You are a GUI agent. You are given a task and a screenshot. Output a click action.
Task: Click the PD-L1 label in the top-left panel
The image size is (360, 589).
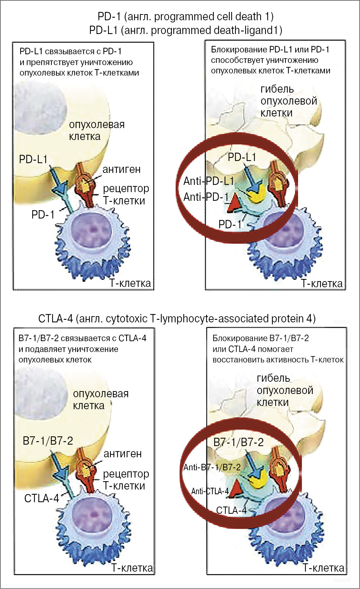tap(33, 159)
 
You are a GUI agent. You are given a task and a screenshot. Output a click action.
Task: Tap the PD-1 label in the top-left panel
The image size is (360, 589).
tap(43, 215)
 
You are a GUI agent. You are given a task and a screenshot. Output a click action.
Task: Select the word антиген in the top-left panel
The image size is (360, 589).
tap(121, 169)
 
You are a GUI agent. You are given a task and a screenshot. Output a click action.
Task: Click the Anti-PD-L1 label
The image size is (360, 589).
tap(209, 181)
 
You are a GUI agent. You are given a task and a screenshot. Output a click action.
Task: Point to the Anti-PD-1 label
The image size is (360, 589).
tap(206, 197)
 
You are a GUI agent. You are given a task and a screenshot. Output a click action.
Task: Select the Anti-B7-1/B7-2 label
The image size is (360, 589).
tap(212, 467)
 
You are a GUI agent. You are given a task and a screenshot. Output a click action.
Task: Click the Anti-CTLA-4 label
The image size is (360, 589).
tap(210, 491)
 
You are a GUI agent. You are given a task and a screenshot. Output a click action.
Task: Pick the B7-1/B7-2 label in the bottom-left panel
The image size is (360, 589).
tap(48, 441)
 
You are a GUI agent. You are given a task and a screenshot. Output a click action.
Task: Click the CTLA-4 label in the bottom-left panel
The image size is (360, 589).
tap(41, 498)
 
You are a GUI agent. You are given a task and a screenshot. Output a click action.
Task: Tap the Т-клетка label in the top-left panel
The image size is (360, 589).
tap(130, 283)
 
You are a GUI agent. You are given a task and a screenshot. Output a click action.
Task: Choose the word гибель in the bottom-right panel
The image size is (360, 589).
tap(273, 378)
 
